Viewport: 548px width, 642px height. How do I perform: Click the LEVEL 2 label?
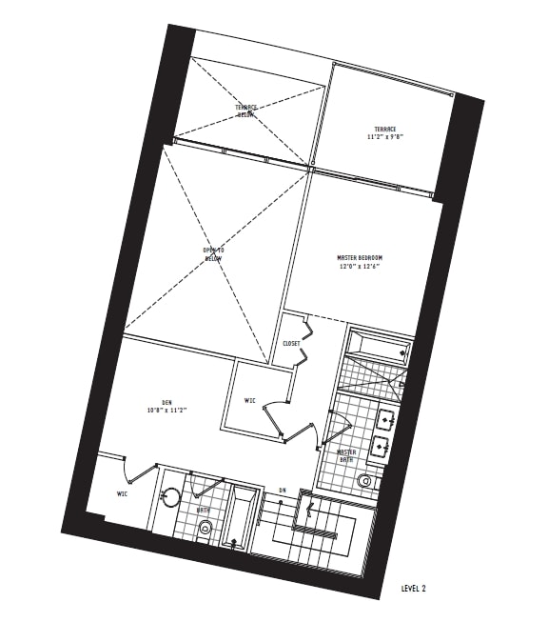(x=414, y=590)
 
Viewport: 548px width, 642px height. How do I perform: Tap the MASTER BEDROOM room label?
(x=360, y=258)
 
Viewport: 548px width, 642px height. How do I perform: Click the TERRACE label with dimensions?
(x=384, y=129)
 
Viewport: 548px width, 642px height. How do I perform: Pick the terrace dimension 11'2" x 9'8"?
(x=383, y=138)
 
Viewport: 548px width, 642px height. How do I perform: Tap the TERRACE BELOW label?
(x=246, y=111)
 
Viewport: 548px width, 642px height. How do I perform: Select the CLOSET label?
(x=291, y=343)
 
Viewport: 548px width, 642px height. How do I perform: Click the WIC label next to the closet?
(x=249, y=400)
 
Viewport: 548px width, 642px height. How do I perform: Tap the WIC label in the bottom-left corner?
(x=123, y=493)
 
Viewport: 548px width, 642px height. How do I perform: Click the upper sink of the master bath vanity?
(x=386, y=417)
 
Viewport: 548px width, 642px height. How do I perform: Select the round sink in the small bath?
(x=170, y=494)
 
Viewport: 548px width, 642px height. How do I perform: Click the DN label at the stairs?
(x=283, y=491)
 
